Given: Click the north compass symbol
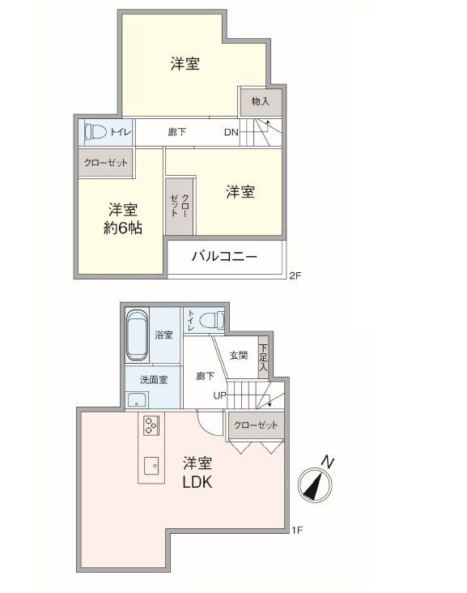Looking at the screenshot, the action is [x=315, y=484].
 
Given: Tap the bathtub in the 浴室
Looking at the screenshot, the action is [x=137, y=335].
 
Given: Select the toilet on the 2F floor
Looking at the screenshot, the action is [x=96, y=132].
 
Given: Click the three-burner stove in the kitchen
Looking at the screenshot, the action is [x=151, y=424].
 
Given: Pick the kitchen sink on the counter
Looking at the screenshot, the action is [x=152, y=467].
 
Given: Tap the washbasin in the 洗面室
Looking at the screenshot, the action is [x=138, y=399].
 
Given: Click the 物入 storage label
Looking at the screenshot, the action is [x=261, y=101].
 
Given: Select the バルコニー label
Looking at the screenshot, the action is [x=224, y=257].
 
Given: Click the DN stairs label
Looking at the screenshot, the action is [x=231, y=132].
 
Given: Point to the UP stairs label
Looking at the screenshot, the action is [x=220, y=396].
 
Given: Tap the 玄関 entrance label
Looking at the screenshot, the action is [x=239, y=356].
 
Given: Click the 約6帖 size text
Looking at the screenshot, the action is [x=123, y=228].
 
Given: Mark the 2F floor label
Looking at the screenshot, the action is [x=295, y=275].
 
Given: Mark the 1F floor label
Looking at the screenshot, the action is [x=297, y=531].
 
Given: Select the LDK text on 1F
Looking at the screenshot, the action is [x=197, y=482].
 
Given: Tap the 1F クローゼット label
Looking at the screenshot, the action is [x=256, y=425].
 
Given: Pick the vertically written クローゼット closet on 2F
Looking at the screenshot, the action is [x=180, y=206].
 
